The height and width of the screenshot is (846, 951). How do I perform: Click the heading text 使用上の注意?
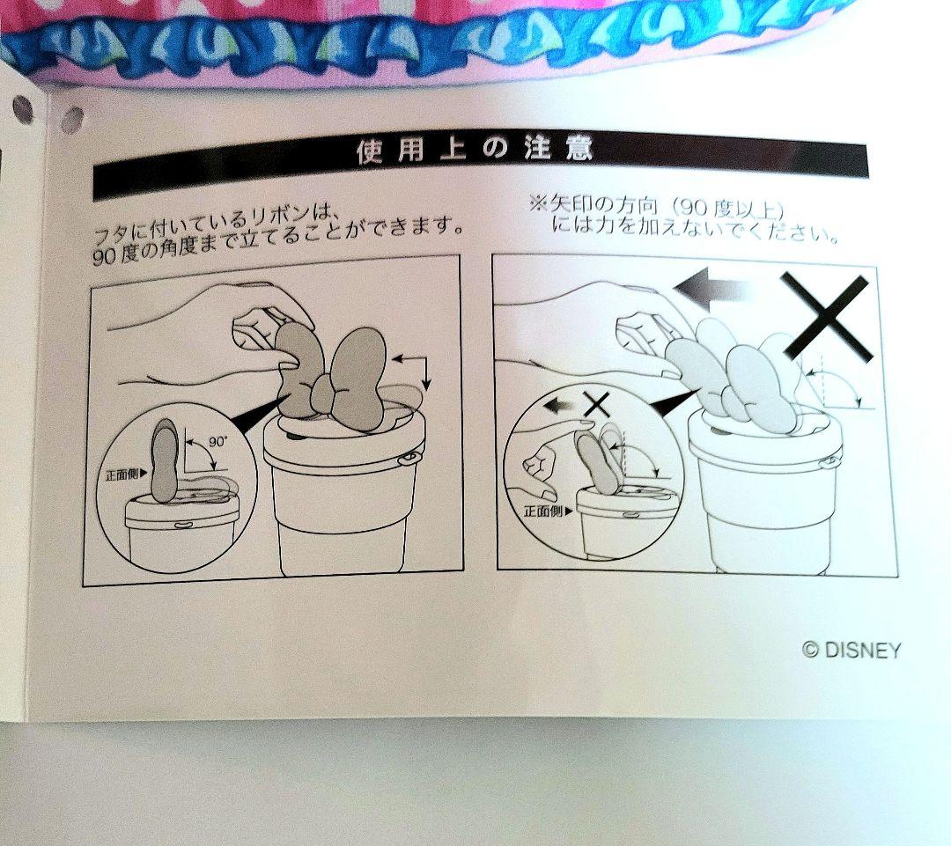pyautogui.click(x=474, y=150)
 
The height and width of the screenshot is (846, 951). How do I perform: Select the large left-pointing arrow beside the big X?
pyautogui.click(x=713, y=290)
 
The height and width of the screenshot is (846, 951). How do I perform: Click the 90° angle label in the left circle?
pyautogui.click(x=217, y=442)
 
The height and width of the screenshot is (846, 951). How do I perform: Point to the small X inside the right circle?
pyautogui.click(x=596, y=404)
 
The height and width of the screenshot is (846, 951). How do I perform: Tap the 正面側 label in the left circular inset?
pyautogui.click(x=126, y=474)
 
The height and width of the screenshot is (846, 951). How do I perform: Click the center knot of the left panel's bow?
pyautogui.click(x=326, y=400)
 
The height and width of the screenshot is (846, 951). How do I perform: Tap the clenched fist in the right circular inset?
pyautogui.click(x=539, y=468)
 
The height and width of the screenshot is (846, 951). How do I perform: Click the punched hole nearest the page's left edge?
pyautogui.click(x=22, y=108)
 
